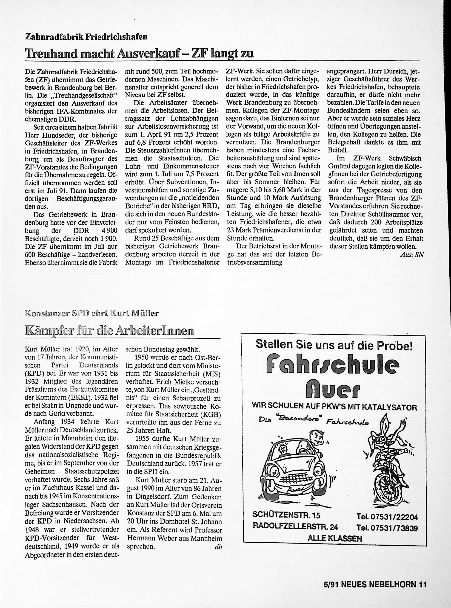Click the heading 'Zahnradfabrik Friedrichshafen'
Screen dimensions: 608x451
pyautogui.click(x=86, y=37)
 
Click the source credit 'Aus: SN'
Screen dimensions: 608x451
pyautogui.click(x=412, y=255)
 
